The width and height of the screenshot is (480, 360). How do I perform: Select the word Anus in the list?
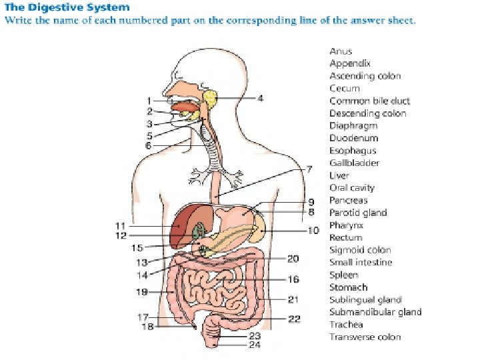coord(341,51)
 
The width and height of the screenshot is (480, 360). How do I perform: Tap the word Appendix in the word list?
coord(350,63)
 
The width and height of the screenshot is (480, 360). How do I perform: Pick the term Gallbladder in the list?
coord(355,163)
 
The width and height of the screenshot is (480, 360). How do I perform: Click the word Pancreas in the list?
coord(348,200)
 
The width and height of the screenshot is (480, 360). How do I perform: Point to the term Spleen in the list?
coord(344,275)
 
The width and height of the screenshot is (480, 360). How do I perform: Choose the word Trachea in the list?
coord(346,325)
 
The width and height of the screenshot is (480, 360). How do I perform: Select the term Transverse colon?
coord(365,337)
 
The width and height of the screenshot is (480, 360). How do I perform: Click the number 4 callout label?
coord(260,98)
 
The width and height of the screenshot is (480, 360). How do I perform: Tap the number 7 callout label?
coord(309,170)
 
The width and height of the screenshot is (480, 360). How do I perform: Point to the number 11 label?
coord(120,226)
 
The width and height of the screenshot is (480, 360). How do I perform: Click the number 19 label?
coord(141,291)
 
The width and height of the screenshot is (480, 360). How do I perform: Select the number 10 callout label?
coord(313,231)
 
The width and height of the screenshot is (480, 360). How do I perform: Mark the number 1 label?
coord(149,101)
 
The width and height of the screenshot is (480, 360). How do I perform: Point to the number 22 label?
coord(294,319)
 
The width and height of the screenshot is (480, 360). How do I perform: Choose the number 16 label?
coord(293,279)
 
